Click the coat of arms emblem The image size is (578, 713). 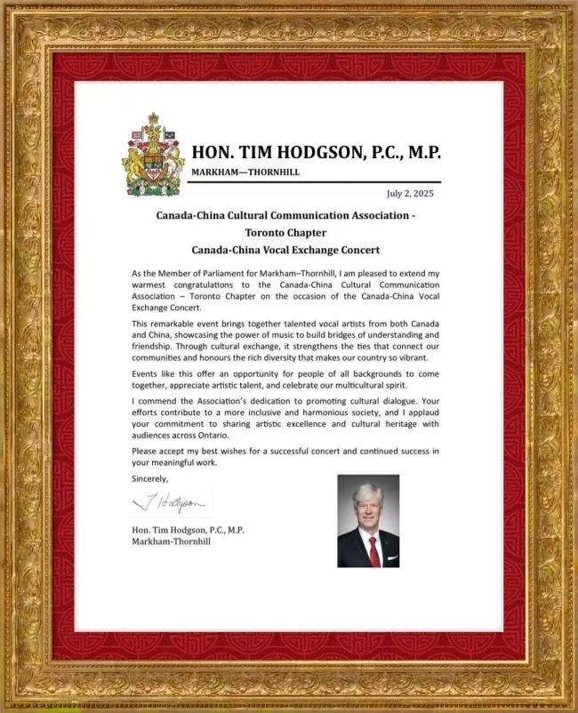click(153, 156)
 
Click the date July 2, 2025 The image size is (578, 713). click(410, 193)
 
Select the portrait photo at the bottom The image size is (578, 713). click(368, 520)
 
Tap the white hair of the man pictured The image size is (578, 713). click(368, 492)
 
